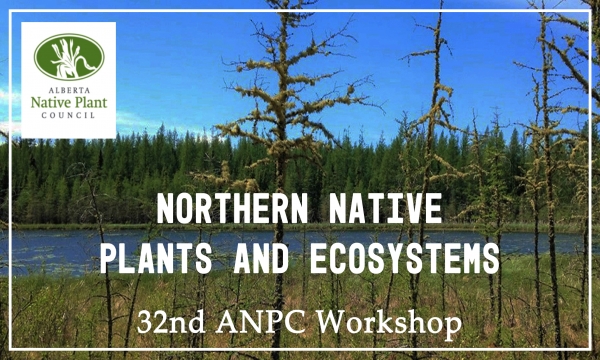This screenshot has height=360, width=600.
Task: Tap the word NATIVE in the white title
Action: pyautogui.click(x=390, y=212)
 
